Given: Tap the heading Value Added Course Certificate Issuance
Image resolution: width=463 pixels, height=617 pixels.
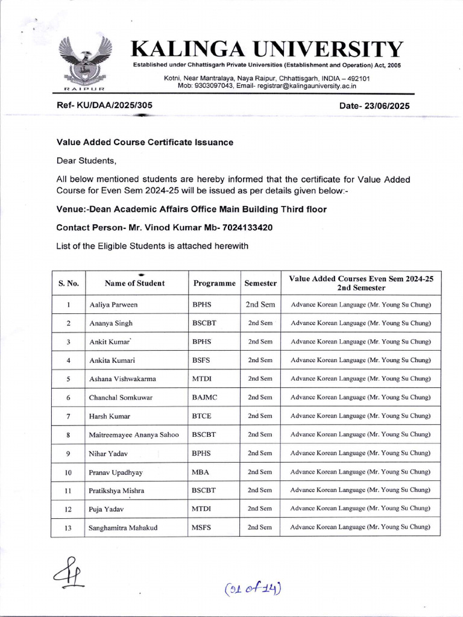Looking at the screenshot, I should click(x=145, y=142).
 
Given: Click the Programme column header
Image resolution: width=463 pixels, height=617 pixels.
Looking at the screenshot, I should click(x=214, y=283).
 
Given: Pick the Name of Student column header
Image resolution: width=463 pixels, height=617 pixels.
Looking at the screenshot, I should click(x=134, y=283).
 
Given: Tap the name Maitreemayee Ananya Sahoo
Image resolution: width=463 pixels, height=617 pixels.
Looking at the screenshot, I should click(x=134, y=434).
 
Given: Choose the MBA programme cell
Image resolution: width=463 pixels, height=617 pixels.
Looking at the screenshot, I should click(x=200, y=472).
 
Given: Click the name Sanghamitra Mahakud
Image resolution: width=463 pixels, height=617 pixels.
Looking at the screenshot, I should click(x=124, y=528).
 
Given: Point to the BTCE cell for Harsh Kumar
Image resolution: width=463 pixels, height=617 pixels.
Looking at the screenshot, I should click(x=202, y=416).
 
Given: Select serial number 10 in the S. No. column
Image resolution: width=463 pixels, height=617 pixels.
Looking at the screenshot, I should click(x=68, y=472).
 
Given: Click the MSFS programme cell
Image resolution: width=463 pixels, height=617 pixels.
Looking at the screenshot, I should click(x=201, y=528).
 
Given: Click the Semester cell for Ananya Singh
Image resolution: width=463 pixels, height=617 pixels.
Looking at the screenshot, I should click(x=260, y=323).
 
